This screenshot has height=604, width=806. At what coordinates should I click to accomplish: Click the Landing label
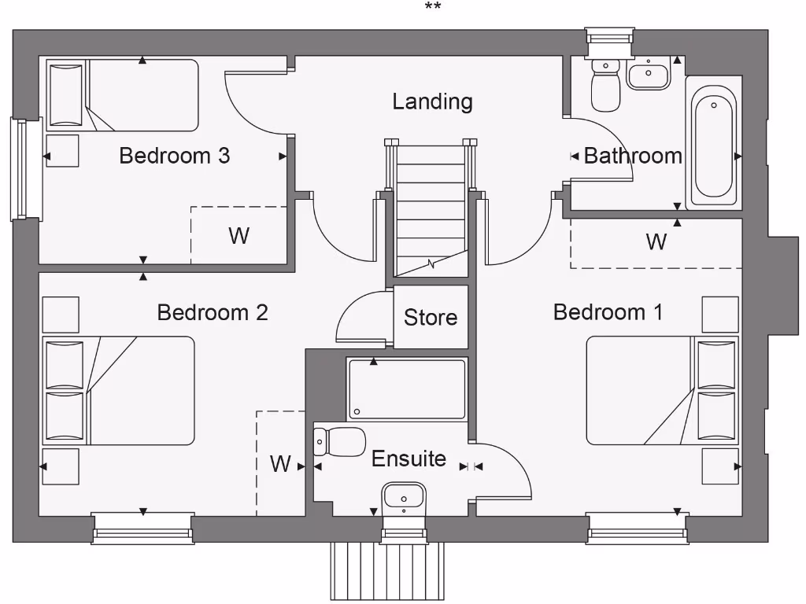click(432, 101)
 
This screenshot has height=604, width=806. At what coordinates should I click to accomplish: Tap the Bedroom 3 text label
click(174, 156)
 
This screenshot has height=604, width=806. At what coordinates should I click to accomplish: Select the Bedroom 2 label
click(213, 312)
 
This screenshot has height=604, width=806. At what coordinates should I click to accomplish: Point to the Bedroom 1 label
click(608, 312)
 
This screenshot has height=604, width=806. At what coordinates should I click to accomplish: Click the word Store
click(431, 318)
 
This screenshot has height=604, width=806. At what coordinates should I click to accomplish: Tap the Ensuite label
click(409, 459)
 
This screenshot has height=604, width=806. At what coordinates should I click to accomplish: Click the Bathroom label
click(633, 156)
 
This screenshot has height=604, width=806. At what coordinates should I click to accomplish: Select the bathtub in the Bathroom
click(714, 142)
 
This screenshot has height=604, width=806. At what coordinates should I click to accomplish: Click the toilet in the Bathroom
click(605, 87)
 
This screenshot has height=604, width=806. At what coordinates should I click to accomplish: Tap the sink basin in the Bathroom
click(648, 75)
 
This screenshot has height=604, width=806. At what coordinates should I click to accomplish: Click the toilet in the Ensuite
click(342, 442)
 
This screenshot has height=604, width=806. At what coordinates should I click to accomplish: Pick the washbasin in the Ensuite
click(404, 497)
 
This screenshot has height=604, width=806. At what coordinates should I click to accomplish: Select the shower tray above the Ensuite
click(408, 389)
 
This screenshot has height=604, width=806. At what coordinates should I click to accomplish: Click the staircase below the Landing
click(431, 208)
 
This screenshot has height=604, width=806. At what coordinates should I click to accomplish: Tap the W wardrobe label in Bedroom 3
click(238, 235)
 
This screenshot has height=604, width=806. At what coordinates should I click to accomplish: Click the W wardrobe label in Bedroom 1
click(656, 242)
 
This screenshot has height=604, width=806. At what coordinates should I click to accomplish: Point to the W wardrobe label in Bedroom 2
click(281, 464)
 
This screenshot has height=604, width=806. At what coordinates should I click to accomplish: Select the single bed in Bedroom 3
click(122, 95)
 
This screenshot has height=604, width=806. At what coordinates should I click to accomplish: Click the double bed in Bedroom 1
click(662, 390)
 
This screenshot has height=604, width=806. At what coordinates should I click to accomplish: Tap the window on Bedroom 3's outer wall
click(26, 169)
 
